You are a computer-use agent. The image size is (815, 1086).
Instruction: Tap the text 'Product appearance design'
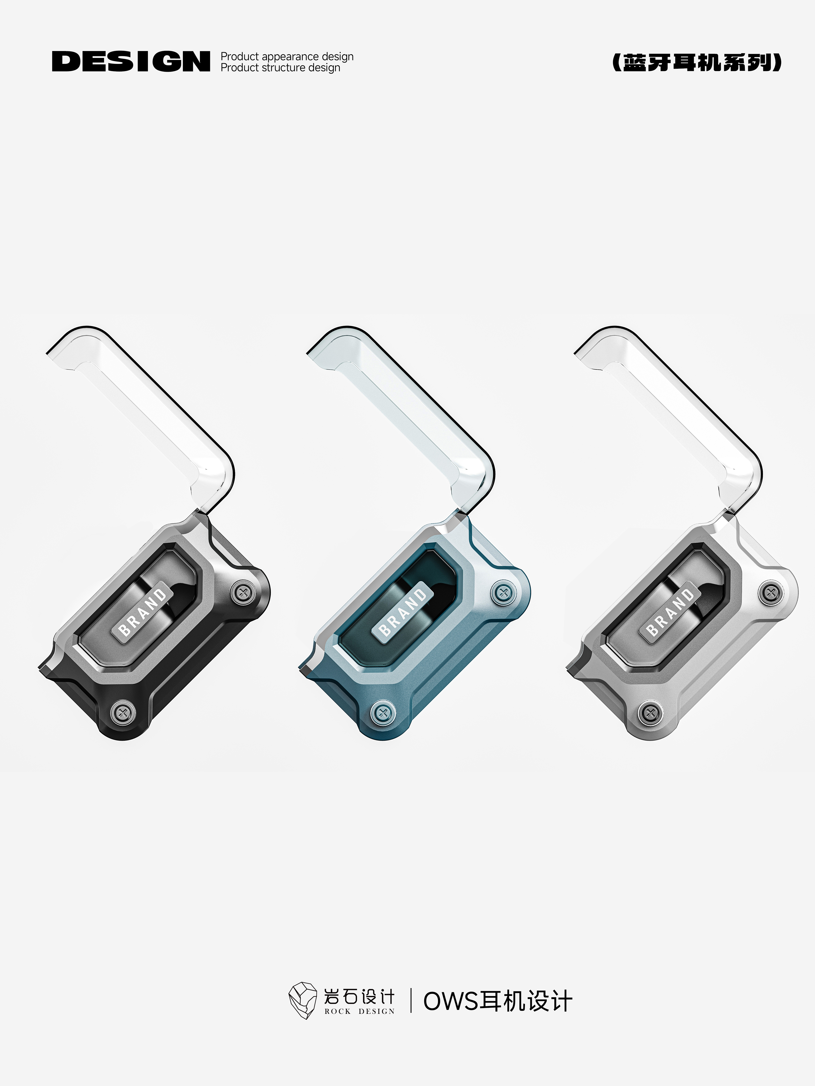click(x=287, y=57)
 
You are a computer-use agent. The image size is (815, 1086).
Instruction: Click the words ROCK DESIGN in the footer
click(x=359, y=1011)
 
